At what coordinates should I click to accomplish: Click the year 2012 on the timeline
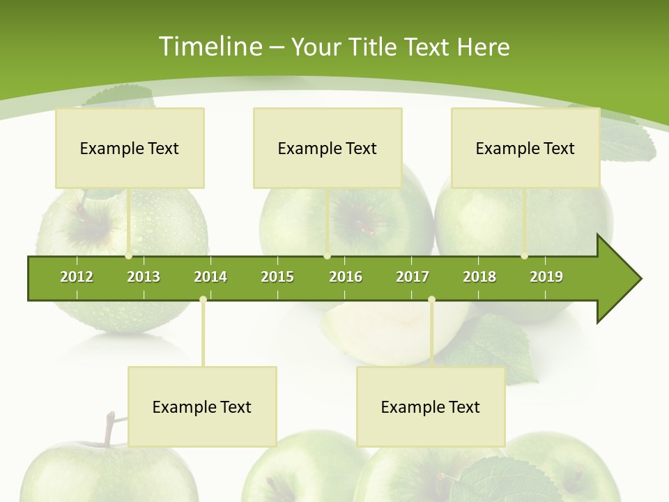tap(77, 277)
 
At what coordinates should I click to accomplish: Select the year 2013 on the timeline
tap(144, 277)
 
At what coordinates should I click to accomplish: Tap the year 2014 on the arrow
tap(210, 277)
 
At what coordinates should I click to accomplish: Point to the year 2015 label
tap(277, 277)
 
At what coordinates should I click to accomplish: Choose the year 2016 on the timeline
tap(346, 277)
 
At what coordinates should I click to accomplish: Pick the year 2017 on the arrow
tap(413, 277)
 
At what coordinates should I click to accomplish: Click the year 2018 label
tap(479, 277)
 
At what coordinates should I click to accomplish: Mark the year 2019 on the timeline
tap(546, 277)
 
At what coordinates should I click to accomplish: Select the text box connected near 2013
tap(130, 148)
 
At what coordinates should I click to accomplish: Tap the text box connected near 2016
tap(328, 148)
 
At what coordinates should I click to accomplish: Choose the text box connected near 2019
tap(525, 148)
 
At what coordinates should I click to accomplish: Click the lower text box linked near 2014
tap(202, 406)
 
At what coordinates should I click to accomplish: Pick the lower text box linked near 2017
tap(431, 406)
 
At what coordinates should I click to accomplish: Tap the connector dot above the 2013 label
tap(129, 256)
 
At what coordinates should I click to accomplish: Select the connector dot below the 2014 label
tap(203, 300)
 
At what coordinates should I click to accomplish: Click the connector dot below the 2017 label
tap(431, 300)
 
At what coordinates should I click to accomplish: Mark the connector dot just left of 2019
tap(525, 256)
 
